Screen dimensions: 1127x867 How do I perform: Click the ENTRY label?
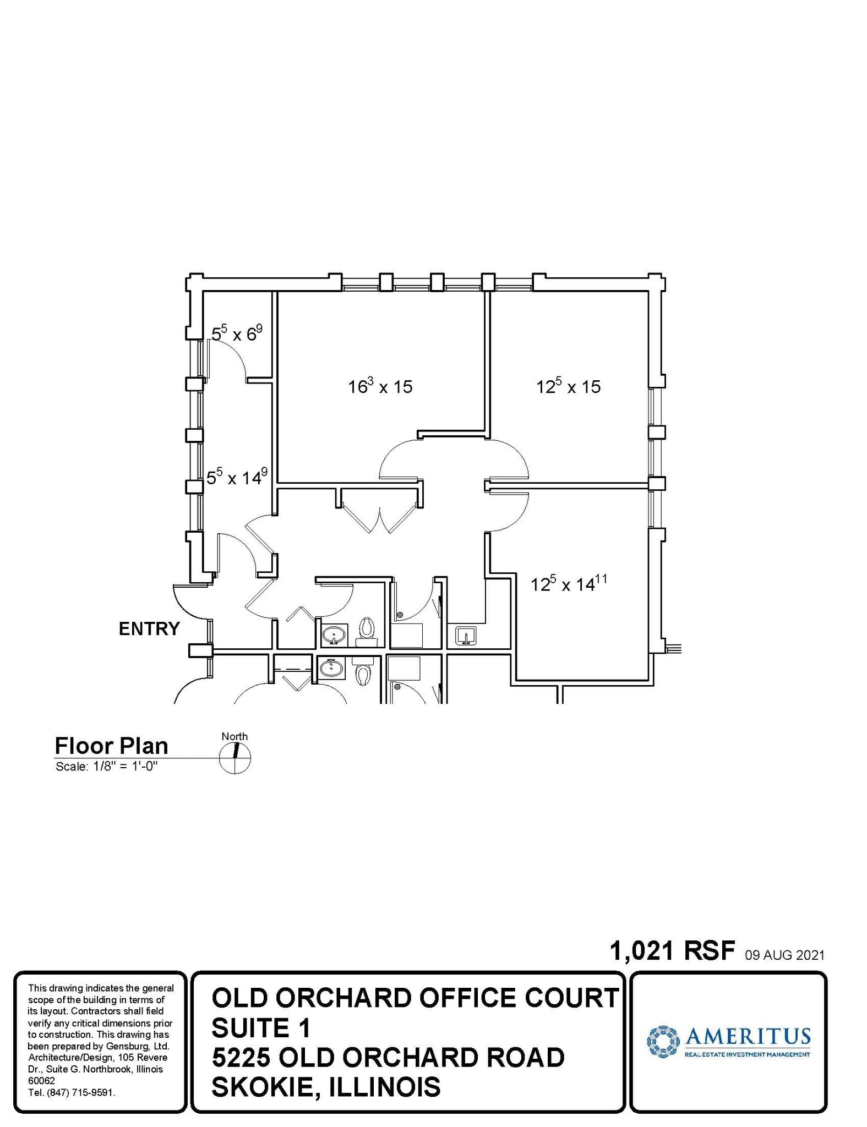tap(149, 628)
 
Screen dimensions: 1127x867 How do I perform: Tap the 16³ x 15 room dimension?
tap(380, 386)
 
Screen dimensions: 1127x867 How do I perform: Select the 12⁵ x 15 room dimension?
tap(568, 386)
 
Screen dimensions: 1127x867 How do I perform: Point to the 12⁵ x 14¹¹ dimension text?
tap(568, 583)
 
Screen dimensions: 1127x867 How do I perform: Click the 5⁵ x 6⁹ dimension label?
tap(237, 333)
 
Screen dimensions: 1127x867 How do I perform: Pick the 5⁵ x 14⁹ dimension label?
tap(237, 477)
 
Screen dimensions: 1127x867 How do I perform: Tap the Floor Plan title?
tap(111, 746)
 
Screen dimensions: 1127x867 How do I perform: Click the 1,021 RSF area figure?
tap(672, 950)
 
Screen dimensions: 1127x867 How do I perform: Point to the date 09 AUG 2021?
tap(784, 955)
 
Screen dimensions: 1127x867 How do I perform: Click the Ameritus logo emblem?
tap(663, 1041)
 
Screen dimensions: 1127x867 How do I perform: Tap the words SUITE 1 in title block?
tap(261, 1027)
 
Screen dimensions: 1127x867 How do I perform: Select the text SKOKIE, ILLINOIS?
tap(326, 1087)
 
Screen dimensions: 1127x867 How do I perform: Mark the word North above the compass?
tap(235, 736)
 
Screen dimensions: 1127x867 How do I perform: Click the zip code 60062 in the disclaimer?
tap(41, 1081)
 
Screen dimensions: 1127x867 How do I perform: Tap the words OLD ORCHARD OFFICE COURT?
tap(415, 998)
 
